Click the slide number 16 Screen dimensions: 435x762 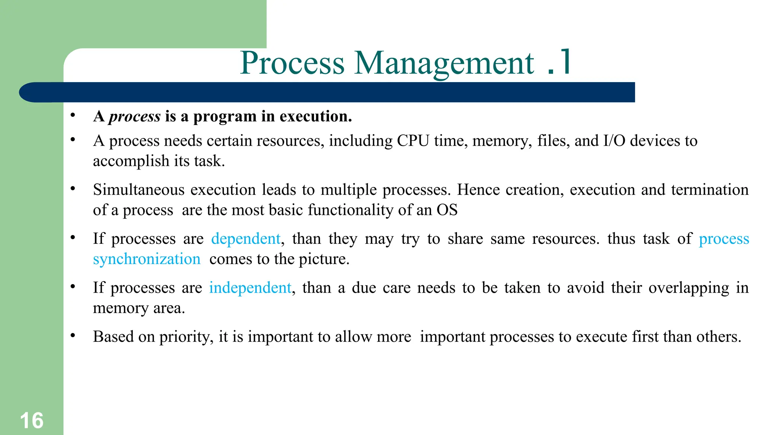[x=32, y=420]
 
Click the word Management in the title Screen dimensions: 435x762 [x=444, y=63]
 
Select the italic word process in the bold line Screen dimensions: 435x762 [x=135, y=117]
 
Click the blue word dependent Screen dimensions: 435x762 [x=246, y=239]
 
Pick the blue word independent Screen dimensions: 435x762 [x=250, y=288]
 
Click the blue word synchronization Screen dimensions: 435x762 [x=147, y=259]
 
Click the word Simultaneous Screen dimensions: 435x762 [x=138, y=190]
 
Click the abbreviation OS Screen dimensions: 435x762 [x=447, y=210]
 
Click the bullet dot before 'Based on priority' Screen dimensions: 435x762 [x=73, y=336]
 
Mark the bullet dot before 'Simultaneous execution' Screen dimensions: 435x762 [x=73, y=189]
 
